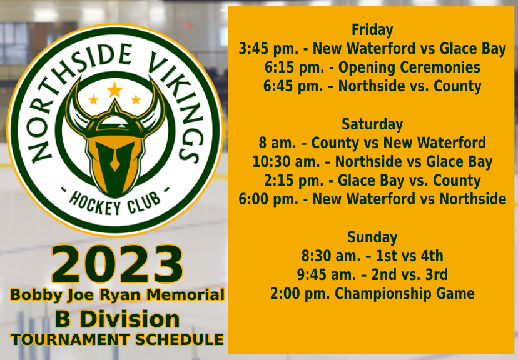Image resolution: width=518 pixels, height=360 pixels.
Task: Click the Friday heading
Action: pos(372,30)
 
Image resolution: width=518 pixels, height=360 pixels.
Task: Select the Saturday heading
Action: pos(372,124)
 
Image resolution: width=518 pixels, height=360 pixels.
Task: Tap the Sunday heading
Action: pos(372,237)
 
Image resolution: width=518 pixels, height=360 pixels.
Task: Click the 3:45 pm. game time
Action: pos(268,49)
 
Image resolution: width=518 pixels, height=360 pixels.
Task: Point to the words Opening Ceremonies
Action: pos(409,67)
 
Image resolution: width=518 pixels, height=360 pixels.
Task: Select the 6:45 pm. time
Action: pos(293,86)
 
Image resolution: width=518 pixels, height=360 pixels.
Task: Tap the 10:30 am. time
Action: pos(286,162)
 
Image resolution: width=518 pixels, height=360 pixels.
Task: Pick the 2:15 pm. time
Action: pos(294,181)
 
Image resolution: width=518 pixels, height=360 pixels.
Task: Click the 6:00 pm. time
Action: pos(268,199)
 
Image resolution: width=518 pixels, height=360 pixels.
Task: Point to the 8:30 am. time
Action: pos(331,256)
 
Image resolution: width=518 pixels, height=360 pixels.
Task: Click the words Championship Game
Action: pos(405,294)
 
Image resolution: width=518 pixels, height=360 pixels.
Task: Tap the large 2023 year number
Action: pos(117,264)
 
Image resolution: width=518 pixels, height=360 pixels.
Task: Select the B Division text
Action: pos(117,319)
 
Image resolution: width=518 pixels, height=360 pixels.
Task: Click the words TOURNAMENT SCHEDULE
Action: pos(117,340)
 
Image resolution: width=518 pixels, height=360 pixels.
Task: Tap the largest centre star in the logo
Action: pos(114,90)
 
